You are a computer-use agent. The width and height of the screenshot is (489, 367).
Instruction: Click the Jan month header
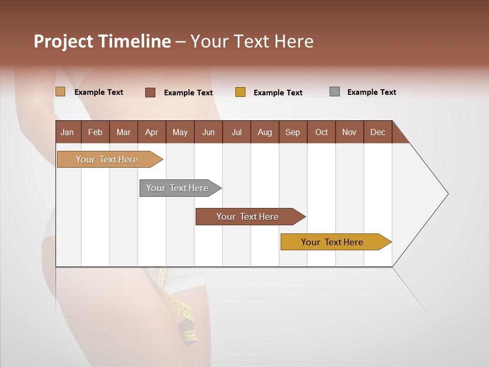click(x=68, y=132)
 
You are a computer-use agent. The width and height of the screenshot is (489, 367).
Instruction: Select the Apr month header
click(x=152, y=132)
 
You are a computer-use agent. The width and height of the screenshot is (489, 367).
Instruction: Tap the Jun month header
click(x=208, y=132)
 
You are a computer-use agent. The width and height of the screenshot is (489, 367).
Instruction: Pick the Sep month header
click(x=293, y=132)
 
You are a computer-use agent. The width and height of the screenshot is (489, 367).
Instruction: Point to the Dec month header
click(x=377, y=132)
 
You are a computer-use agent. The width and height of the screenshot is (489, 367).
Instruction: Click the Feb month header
click(x=95, y=132)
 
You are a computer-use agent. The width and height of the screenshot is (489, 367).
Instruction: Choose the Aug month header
click(x=265, y=132)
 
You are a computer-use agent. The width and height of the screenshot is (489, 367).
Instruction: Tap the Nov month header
click(x=349, y=132)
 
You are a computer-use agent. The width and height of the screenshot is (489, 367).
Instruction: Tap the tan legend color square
click(x=60, y=92)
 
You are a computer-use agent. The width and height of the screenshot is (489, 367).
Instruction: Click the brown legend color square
click(x=150, y=92)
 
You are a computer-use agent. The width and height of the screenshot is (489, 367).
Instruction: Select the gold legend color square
click(x=240, y=92)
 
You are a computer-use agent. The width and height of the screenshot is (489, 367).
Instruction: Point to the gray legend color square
click(x=335, y=92)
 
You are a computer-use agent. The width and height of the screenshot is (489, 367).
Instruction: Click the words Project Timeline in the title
click(x=102, y=41)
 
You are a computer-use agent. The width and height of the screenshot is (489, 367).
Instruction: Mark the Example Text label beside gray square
click(x=371, y=92)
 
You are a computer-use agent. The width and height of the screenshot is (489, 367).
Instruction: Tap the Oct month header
click(x=321, y=132)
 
